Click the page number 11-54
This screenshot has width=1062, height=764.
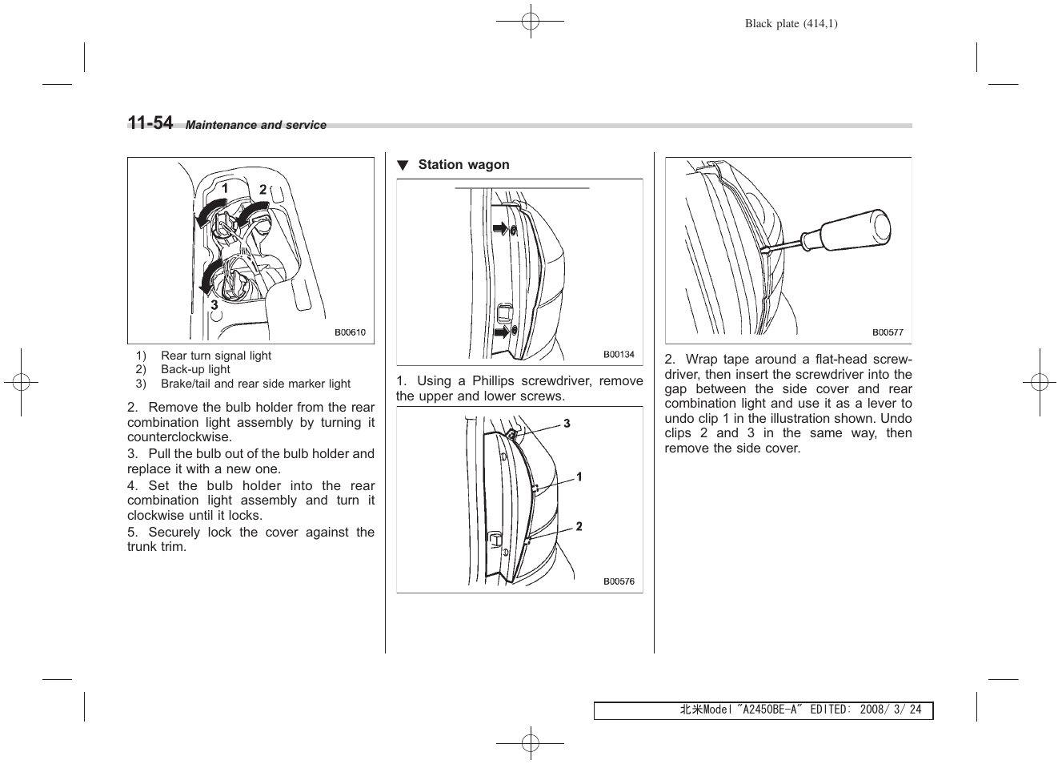click(150, 123)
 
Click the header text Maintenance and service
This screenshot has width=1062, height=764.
click(256, 125)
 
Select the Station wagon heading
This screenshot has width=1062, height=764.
click(463, 165)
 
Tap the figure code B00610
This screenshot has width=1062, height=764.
click(350, 332)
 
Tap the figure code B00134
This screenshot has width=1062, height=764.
click(619, 354)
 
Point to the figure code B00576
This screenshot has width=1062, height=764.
click(619, 581)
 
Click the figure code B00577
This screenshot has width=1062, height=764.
click(888, 332)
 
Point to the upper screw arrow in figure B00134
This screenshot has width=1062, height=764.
click(500, 230)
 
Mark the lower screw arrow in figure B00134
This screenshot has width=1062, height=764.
click(500, 331)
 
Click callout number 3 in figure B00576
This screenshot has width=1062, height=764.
click(567, 424)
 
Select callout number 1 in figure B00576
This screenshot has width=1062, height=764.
click(579, 477)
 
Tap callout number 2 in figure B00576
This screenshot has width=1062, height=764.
click(579, 526)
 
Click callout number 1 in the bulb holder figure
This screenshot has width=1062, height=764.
click(226, 188)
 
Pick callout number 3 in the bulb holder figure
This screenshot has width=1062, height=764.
click(214, 305)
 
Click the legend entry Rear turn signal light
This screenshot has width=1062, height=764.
click(216, 356)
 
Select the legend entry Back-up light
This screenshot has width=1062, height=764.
click(195, 369)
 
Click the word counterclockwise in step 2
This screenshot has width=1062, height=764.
click(179, 437)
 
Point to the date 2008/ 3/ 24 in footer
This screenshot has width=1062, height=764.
click(891, 710)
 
